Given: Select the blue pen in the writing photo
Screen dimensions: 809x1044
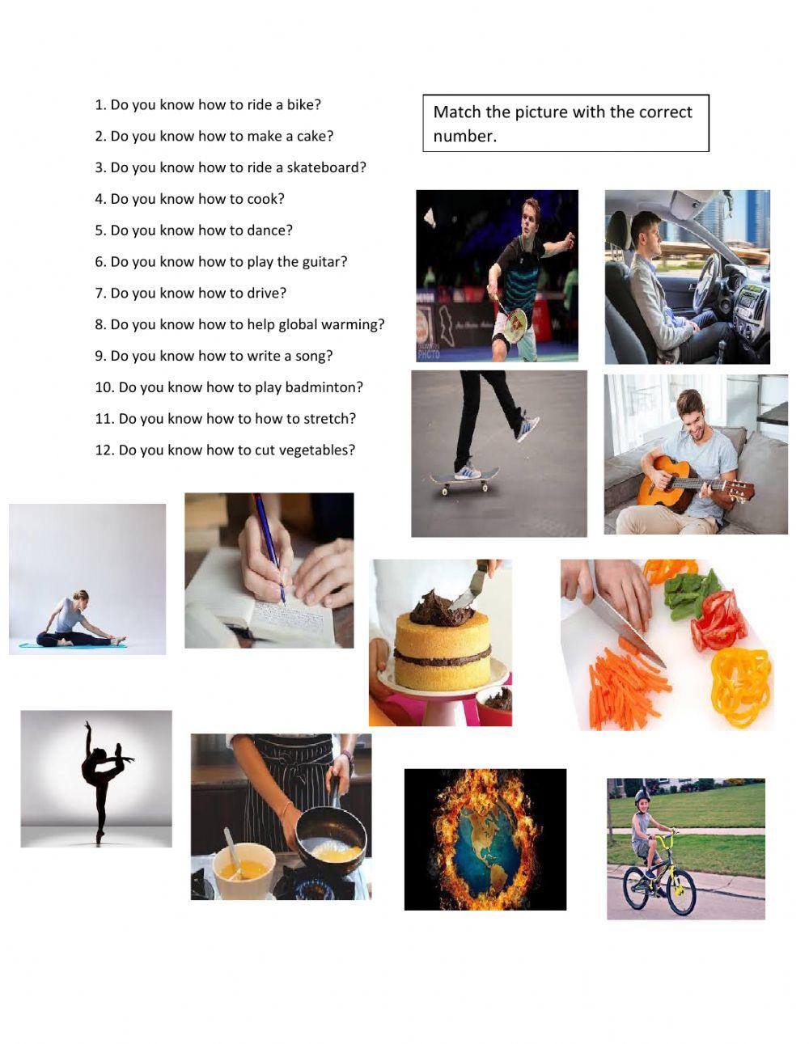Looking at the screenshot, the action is tap(269, 547).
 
